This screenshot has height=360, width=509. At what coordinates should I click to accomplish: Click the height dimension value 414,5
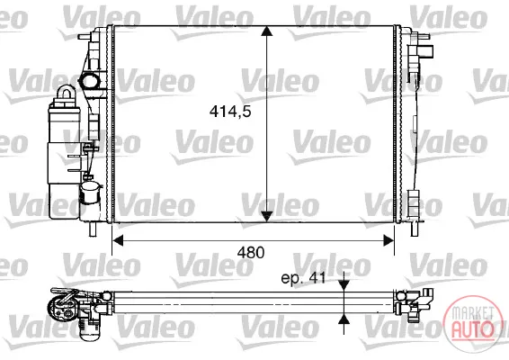230,112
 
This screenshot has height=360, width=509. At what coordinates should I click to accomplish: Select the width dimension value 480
251,253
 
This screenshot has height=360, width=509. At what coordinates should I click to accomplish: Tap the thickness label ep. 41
303,278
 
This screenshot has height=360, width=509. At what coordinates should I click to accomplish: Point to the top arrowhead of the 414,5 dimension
266,31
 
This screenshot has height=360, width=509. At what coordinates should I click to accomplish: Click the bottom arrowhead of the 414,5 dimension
266,216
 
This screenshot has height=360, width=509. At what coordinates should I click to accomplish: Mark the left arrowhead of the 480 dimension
118,241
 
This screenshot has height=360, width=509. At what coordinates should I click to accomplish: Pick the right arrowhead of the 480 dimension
388,241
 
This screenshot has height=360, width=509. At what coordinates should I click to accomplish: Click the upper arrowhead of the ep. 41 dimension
344,285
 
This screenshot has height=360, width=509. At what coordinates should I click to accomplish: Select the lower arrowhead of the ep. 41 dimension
344,319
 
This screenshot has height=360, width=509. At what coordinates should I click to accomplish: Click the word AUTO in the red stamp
473,328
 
